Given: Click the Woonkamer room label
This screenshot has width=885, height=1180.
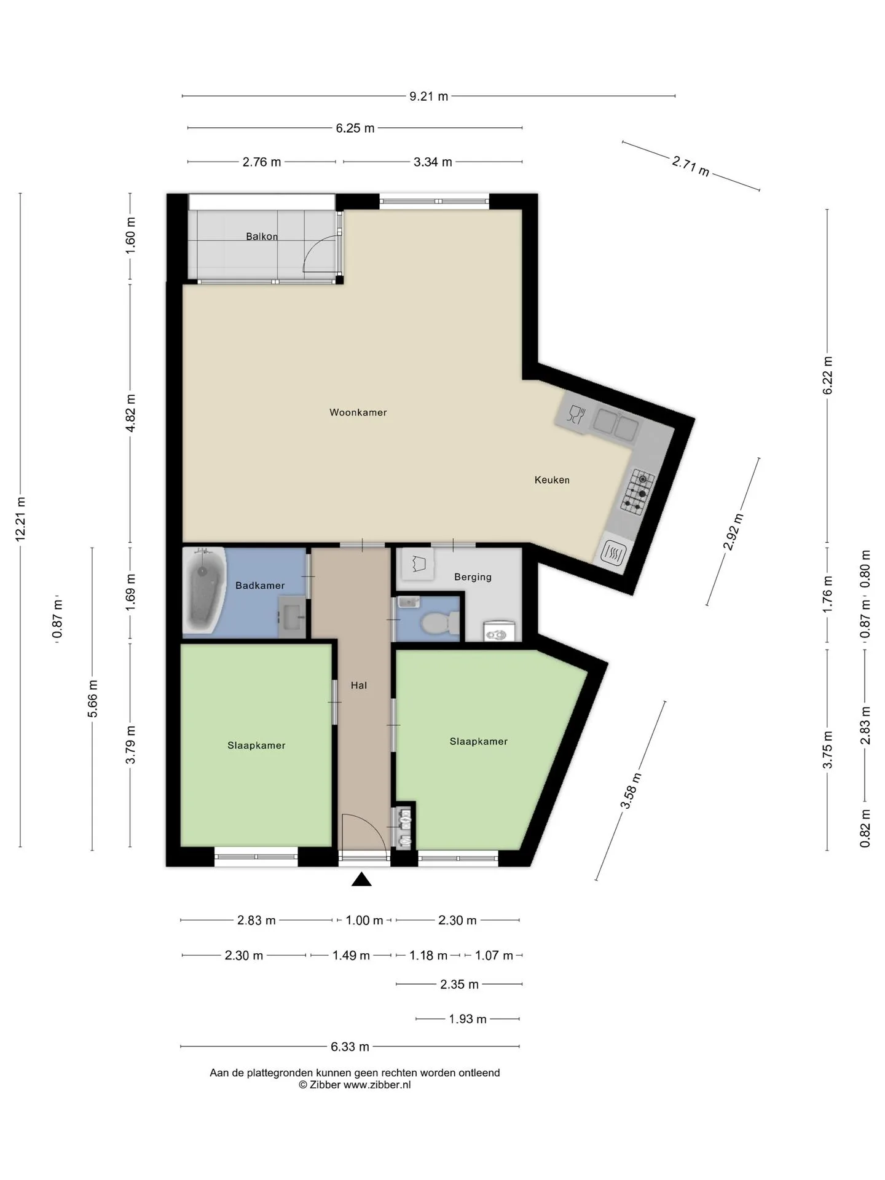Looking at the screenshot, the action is click(358, 412).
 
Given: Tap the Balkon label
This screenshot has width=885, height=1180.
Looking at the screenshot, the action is click(262, 237).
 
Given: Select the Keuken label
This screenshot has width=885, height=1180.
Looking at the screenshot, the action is click(552, 480).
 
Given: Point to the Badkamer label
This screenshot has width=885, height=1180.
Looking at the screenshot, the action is click(260, 586).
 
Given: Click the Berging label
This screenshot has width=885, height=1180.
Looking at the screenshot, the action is click(473, 577).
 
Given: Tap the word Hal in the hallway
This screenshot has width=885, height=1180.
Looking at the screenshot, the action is click(359, 685).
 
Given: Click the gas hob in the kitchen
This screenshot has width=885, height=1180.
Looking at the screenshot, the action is click(637, 492).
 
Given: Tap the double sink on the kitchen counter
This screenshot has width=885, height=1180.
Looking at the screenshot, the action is click(616, 424).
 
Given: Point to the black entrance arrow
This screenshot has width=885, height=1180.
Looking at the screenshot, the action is click(361, 880).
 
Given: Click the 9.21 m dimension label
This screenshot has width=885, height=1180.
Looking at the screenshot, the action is click(429, 96).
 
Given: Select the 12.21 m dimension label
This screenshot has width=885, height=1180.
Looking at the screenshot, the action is click(20, 519).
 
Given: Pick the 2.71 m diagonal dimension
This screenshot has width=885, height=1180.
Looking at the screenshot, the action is click(691, 166).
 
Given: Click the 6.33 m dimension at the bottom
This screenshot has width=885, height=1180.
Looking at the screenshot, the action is click(350, 1046).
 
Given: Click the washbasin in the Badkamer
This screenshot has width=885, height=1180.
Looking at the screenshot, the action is click(291, 616).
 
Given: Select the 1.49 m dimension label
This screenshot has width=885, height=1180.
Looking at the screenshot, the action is click(351, 956).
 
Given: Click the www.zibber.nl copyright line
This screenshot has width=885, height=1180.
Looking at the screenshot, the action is click(355, 1085).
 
